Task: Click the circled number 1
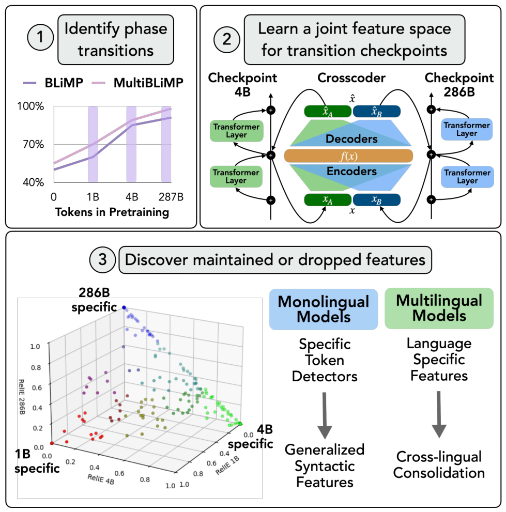pos(40,37)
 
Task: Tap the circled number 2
pos(227,39)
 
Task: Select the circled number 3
pos(102,259)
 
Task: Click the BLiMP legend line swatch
pos(29,83)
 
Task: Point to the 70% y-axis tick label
pos(33,144)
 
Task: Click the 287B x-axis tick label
pos(171,197)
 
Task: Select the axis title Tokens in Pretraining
pos(112,212)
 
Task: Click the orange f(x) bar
pos(348,156)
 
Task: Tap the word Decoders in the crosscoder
pos(351,139)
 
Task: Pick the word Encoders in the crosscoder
pos(351,171)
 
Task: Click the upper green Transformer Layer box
pos(237,131)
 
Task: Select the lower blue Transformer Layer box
pos(467,177)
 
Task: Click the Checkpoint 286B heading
pos(459,85)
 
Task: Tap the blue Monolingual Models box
pos(324,309)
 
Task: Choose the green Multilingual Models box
pos(439,308)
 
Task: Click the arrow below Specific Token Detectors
pos(325,415)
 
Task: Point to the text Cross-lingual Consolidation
pos(439,464)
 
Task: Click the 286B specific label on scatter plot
pos(94,300)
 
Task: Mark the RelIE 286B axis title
pos(22,397)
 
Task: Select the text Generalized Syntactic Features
pos(325,466)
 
